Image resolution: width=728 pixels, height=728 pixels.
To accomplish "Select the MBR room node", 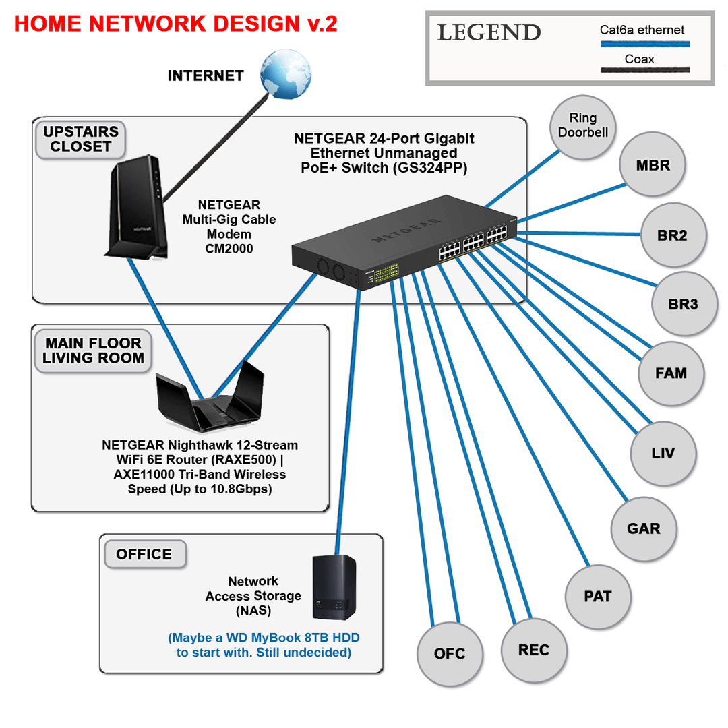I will pos(653,165).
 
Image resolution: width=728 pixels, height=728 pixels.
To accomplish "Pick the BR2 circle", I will pos(673,235).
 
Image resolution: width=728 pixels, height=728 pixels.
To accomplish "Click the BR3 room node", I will pos(684,304).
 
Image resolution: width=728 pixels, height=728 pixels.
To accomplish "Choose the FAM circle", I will pos(671,373).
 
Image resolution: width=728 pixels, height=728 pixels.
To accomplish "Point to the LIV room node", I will pos(663,452).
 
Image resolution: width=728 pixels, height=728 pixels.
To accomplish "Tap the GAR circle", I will pos(644,528).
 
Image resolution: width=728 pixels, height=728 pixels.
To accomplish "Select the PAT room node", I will pos(598,596).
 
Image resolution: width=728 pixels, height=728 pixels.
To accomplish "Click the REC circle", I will pos(534,650).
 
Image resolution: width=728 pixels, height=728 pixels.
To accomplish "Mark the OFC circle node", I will pos(450,653).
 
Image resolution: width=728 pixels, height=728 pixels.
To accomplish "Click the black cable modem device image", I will pos(133,209).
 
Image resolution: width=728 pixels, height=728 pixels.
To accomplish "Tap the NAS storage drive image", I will pos(334,587).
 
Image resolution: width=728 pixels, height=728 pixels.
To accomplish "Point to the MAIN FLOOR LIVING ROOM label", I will pos(93,351).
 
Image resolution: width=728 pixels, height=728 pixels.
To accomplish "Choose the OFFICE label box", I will pos(144,554).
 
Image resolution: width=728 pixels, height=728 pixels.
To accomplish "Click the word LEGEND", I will pos(489,32).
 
